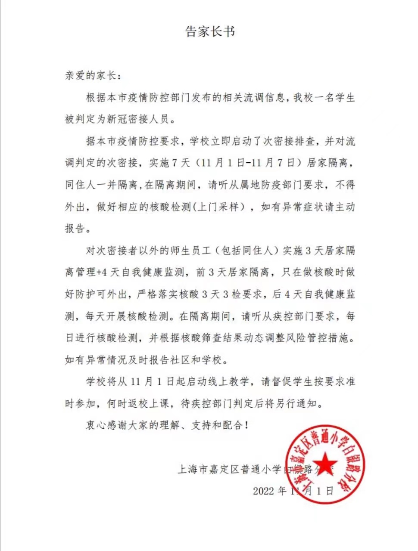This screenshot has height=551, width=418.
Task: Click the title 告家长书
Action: [210, 32]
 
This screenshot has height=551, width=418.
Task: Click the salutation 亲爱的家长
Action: [90, 76]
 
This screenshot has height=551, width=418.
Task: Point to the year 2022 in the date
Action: [263, 491]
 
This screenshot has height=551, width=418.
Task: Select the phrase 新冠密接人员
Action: [143, 120]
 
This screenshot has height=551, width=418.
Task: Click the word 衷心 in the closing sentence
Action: [96, 426]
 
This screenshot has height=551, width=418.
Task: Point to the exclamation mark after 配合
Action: [246, 426]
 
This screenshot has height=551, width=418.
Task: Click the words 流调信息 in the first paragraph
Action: [262, 98]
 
